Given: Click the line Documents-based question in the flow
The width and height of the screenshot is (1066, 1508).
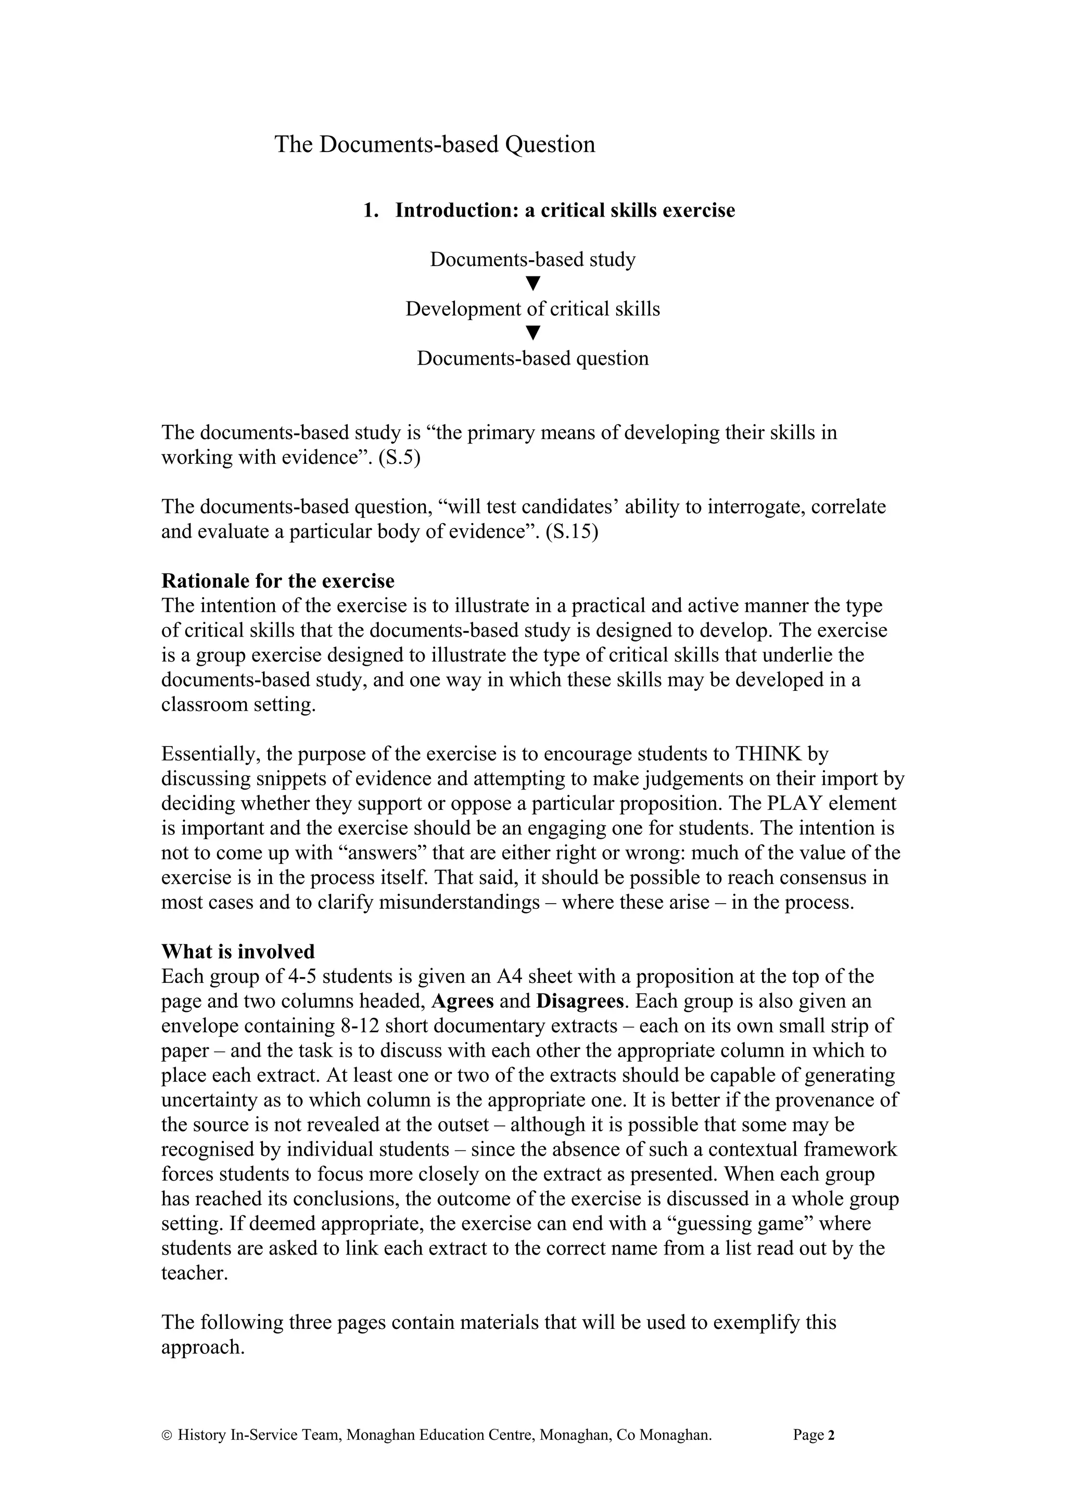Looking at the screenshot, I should [532, 359].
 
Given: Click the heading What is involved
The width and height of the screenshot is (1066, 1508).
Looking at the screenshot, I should [238, 952].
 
